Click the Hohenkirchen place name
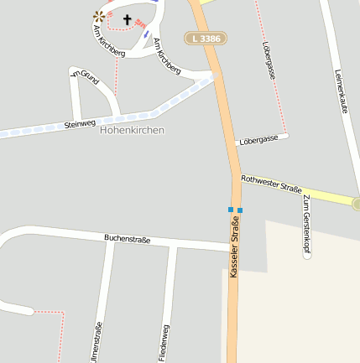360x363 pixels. click(x=132, y=130)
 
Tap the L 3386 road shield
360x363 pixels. click(x=206, y=39)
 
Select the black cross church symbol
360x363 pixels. click(x=128, y=18)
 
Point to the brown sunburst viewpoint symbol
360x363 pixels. click(x=100, y=16)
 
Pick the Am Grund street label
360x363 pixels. click(x=84, y=79)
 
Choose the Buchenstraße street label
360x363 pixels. click(x=128, y=239)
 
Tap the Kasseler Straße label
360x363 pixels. click(x=234, y=246)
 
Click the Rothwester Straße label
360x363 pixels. click(x=271, y=184)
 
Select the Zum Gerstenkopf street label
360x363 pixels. click(x=306, y=222)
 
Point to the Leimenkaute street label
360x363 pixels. click(x=341, y=93)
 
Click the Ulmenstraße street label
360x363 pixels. click(x=98, y=341)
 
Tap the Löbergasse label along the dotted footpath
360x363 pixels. click(x=269, y=60)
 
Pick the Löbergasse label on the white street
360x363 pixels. click(x=258, y=139)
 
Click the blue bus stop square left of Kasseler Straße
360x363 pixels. click(x=230, y=209)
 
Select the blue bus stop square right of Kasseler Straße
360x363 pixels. click(x=240, y=210)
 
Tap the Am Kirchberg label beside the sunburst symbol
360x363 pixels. click(x=109, y=41)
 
